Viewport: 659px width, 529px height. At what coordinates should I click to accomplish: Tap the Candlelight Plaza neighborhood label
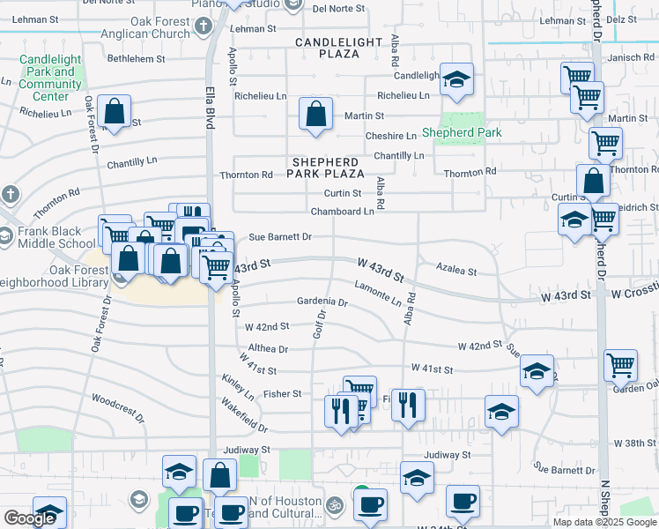pos(339,48)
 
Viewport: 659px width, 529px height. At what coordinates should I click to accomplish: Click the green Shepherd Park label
pos(461,133)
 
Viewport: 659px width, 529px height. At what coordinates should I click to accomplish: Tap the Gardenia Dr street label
pos(322,302)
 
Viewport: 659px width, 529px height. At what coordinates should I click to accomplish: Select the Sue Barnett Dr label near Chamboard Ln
pos(280,237)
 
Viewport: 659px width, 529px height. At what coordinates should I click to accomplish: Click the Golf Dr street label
pos(320,324)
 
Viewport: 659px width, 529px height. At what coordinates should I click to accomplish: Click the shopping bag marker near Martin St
pos(315,114)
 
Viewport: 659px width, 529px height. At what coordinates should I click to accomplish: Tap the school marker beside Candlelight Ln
pos(456,79)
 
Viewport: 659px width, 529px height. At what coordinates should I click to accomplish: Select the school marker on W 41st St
pos(537,372)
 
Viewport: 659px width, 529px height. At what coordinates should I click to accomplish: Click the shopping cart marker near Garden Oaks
pos(620,364)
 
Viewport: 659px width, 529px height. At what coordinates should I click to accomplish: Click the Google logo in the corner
pos(29,518)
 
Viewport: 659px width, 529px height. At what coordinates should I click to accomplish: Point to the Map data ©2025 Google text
pos(605,522)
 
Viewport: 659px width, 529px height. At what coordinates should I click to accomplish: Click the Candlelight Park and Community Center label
pos(50,78)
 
